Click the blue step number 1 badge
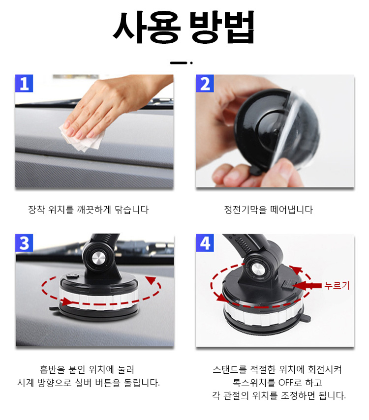[x=24, y=83]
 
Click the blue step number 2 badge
[x=205, y=83]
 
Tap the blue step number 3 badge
[x=24, y=242]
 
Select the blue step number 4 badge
[x=205, y=242]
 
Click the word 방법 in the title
[x=222, y=28]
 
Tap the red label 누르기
[x=337, y=286]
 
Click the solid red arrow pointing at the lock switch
[x=307, y=286]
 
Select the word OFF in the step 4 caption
[x=286, y=383]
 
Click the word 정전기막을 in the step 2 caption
[x=246, y=210]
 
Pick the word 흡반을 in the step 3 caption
[x=53, y=369]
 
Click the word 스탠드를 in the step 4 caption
[x=229, y=369]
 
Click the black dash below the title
[x=179, y=63]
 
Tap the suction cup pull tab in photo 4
[x=307, y=318]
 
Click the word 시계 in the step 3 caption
[x=26, y=383]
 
